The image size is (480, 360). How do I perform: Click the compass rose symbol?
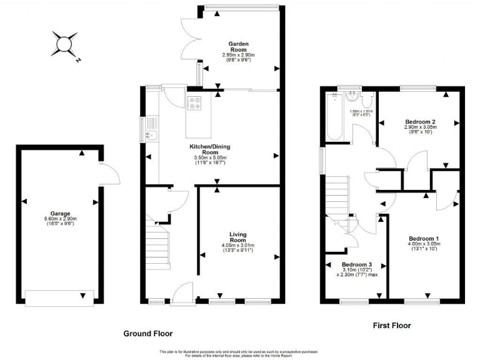click(64, 44)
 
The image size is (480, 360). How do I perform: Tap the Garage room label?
click(60, 212)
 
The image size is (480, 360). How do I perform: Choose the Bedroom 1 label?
click(424, 238)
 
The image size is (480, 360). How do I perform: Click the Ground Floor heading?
click(147, 333)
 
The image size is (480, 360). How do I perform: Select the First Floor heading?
click(391, 326)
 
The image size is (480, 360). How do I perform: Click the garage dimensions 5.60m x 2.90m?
click(60, 219)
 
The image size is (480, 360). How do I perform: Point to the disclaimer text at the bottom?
click(240, 352)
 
